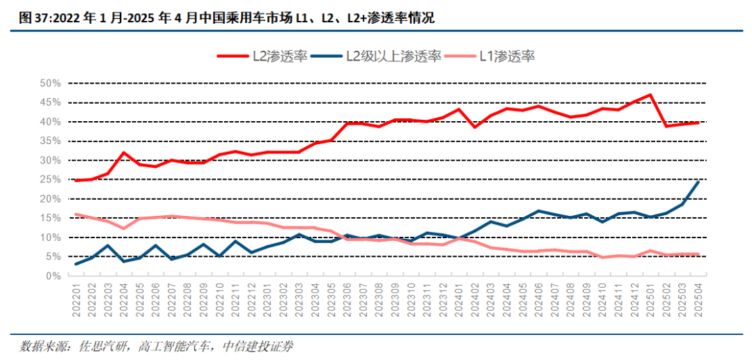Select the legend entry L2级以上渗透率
coord(393,57)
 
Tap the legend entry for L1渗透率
coord(506,57)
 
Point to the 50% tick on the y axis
coord(50,83)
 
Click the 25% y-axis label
coord(50,180)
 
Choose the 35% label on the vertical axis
coord(50,141)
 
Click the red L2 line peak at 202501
coord(650,95)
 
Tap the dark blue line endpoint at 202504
coord(698,182)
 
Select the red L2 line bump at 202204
coord(123,152)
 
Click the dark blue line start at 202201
coord(76,264)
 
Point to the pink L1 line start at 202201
coord(76,214)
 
